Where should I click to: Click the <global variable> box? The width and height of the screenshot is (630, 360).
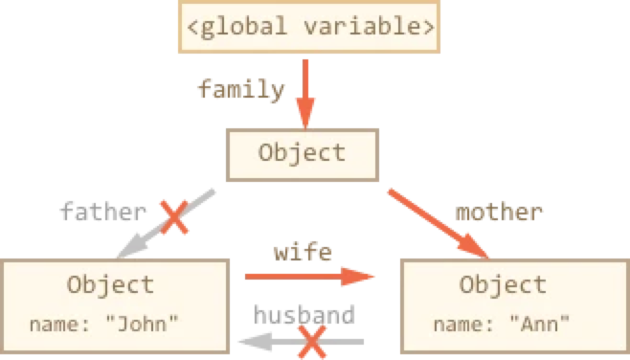point(306,27)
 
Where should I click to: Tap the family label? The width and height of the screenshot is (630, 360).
point(240,91)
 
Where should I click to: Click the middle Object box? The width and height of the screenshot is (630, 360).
point(302,153)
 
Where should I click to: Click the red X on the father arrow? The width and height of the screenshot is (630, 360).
point(175,215)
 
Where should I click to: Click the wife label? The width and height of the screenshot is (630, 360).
point(302,253)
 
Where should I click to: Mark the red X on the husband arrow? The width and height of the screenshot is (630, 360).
point(308,339)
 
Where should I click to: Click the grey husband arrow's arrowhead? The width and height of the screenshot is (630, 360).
point(255,339)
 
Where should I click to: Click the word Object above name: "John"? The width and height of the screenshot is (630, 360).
point(110,284)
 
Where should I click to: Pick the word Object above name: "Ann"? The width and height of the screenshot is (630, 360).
point(503,284)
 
